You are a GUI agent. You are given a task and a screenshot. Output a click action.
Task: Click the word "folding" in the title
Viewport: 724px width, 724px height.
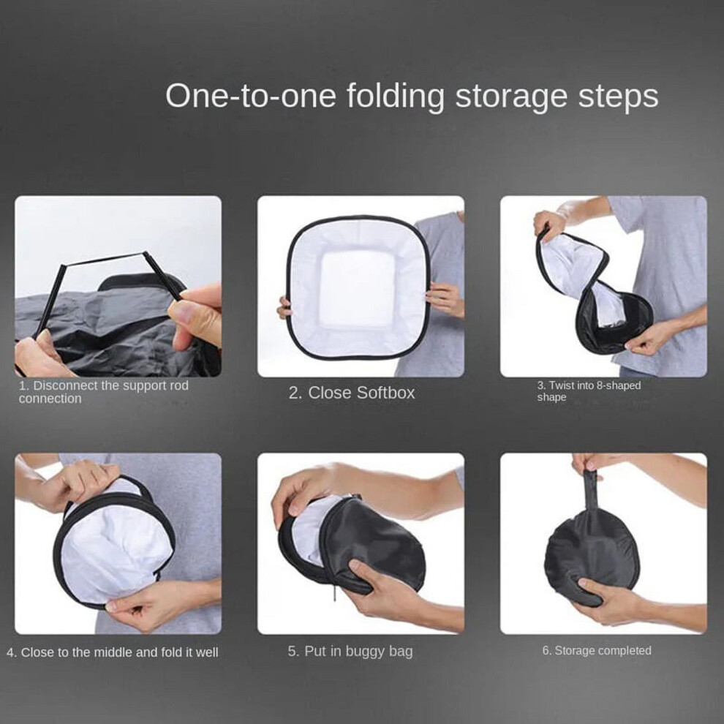pos(396,97)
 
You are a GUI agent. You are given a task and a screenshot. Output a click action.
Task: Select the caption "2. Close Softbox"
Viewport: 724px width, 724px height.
pos(352,393)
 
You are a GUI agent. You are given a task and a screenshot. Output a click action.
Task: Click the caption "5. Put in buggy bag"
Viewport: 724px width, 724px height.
pos(350,652)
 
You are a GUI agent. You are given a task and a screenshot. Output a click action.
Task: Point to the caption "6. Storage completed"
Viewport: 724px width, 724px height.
pos(597,651)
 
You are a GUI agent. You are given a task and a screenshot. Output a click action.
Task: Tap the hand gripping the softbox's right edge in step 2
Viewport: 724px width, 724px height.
pos(445,299)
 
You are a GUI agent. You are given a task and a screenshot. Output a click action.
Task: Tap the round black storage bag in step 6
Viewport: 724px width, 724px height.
pos(591,554)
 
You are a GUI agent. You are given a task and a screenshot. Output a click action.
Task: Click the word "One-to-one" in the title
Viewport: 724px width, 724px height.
pos(250,96)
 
